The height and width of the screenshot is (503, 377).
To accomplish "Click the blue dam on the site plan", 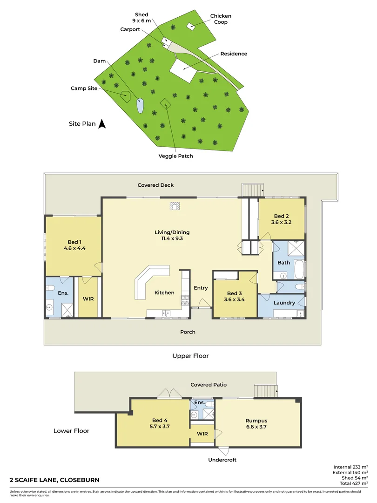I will point(140,106).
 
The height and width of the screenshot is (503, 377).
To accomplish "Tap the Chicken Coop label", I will point(220,19).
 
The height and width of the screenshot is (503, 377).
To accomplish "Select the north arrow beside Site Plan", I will point(103,124).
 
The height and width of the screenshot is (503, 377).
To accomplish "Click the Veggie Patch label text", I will point(175,156).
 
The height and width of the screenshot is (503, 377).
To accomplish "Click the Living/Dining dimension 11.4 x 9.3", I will point(172,239).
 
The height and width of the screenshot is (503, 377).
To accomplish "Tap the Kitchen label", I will point(164,292).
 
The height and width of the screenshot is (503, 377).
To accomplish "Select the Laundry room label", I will point(284,303).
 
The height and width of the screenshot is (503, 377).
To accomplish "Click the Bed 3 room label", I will point(235,293).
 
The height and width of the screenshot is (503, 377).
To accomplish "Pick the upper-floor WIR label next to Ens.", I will point(88,299).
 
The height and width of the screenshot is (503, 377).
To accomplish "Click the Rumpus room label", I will point(256,421).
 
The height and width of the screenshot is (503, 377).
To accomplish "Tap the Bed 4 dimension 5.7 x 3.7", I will point(159,426).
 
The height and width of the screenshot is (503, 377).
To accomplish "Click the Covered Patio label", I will point(209,385).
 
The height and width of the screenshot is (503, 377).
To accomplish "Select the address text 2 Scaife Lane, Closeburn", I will point(54,480).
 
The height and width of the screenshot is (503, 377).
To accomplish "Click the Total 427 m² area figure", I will point(351,483).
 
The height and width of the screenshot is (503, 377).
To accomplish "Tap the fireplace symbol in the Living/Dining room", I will point(175,205).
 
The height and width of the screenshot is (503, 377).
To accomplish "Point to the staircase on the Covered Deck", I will point(252,190).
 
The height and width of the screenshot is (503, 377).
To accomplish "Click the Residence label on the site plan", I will point(234,54).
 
